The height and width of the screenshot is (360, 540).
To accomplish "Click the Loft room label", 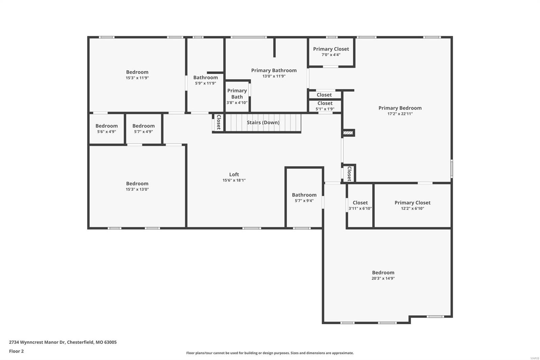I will click(x=234, y=175).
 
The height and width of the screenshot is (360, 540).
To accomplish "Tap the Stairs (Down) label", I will click(x=263, y=123).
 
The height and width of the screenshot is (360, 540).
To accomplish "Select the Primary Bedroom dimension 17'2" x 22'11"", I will click(x=400, y=114).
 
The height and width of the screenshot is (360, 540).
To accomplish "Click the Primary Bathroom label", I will click(x=274, y=70).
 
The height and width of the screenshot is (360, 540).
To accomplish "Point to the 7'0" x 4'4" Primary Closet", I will click(x=331, y=52).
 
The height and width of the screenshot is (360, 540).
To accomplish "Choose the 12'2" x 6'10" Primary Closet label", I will click(x=412, y=205).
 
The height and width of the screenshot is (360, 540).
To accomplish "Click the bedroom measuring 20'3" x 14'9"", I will click(x=383, y=275).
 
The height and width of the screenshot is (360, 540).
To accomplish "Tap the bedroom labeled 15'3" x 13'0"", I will click(x=137, y=186).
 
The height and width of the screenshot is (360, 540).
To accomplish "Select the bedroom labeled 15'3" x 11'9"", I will click(x=137, y=75).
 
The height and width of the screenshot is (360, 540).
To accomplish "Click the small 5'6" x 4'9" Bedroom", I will click(x=106, y=128).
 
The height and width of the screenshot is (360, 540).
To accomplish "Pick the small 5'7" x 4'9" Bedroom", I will click(x=143, y=128).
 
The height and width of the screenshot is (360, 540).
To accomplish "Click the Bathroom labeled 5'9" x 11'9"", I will click(x=205, y=80).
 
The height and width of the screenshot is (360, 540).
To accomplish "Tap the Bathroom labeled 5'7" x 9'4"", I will click(x=304, y=198).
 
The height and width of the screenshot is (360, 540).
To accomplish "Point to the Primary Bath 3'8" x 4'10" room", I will click(x=237, y=96).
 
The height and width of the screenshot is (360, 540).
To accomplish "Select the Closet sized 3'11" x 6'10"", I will click(x=360, y=205).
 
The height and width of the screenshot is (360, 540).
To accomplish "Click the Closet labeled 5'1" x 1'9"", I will click(x=325, y=106).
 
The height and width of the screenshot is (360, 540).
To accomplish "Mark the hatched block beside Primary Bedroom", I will click(x=348, y=133).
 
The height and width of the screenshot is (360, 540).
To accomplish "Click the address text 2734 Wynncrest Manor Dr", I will click(x=63, y=342).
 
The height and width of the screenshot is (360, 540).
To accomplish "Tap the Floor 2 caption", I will click(x=16, y=351).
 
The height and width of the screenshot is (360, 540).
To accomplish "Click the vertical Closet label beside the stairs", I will click(x=218, y=122).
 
